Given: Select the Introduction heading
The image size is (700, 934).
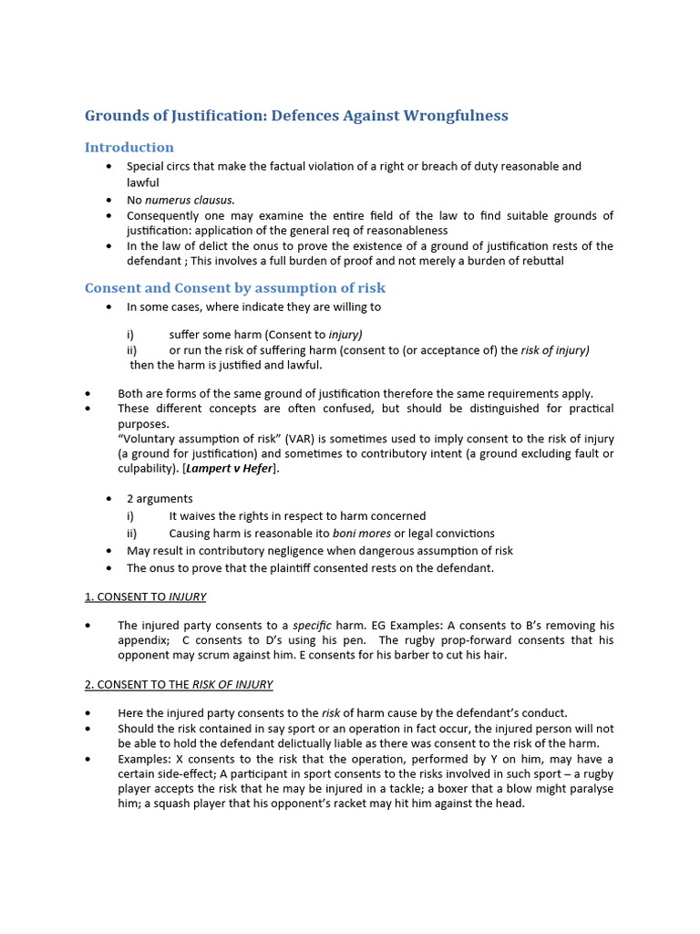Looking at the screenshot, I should [x=129, y=147].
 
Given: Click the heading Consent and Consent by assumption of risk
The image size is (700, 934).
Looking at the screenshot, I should [x=235, y=287].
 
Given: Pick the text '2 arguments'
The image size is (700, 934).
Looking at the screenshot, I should [x=160, y=499].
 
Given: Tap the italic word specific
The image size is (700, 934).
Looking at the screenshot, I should [x=312, y=626].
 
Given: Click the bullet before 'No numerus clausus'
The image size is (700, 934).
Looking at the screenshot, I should [x=109, y=200].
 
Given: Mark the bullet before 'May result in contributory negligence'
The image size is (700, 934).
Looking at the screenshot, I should [x=109, y=551].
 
